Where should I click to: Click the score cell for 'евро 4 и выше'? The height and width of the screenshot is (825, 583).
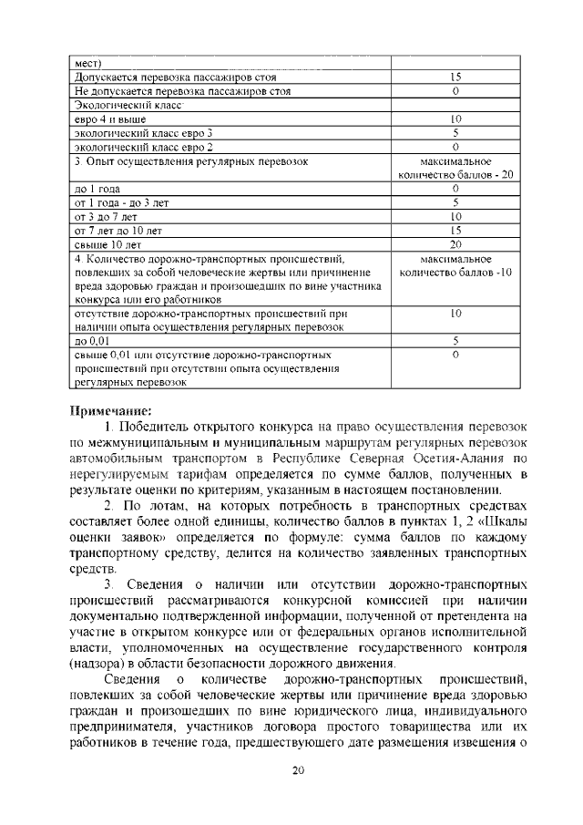point(455,119)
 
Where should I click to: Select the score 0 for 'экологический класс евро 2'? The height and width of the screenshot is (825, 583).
point(455,147)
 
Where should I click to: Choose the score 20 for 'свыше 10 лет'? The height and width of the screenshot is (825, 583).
point(455,243)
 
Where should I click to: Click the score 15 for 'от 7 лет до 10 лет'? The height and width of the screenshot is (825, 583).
point(455,230)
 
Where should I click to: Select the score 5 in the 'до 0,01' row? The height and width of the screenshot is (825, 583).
point(455,340)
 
